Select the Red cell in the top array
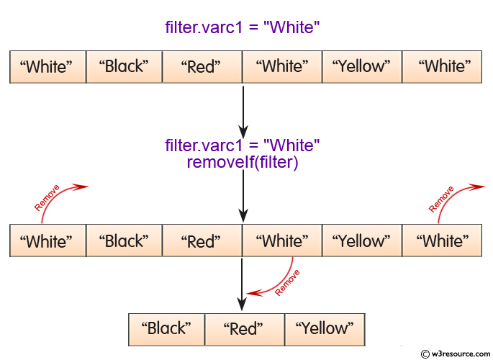pyautogui.click(x=202, y=67)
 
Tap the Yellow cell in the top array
pyautogui.click(x=361, y=67)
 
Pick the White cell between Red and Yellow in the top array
pyautogui.click(x=281, y=67)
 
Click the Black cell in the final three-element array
pyautogui.click(x=167, y=329)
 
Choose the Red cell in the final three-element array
pyautogui.click(x=244, y=329)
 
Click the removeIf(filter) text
pyautogui.click(x=242, y=162)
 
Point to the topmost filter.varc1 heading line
pyautogui.click(x=242, y=28)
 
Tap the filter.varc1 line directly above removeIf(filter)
pyautogui.click(x=242, y=145)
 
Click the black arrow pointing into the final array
pyautogui.click(x=243, y=284)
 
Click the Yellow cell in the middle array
pyautogui.click(x=361, y=241)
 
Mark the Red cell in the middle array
pyautogui.click(x=202, y=241)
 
